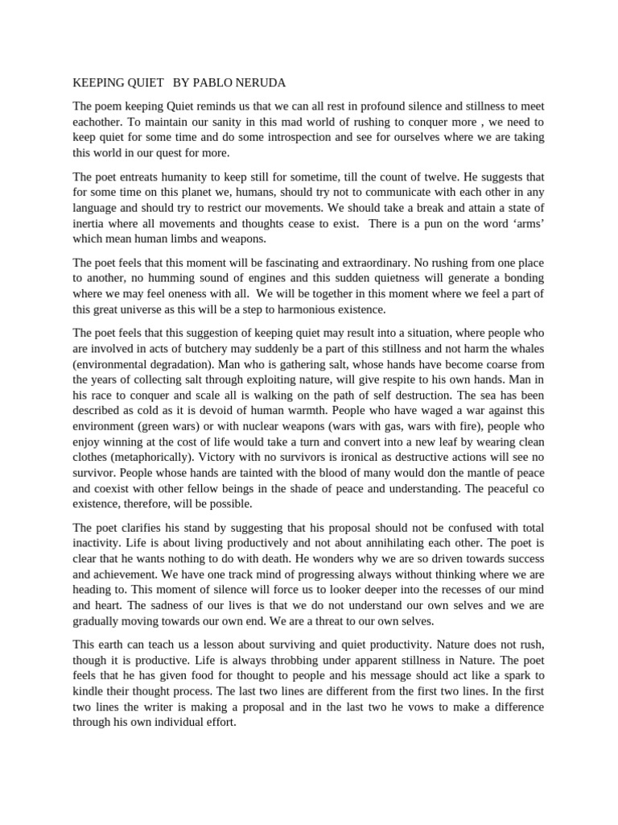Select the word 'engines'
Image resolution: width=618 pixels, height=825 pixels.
(x=256, y=277)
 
